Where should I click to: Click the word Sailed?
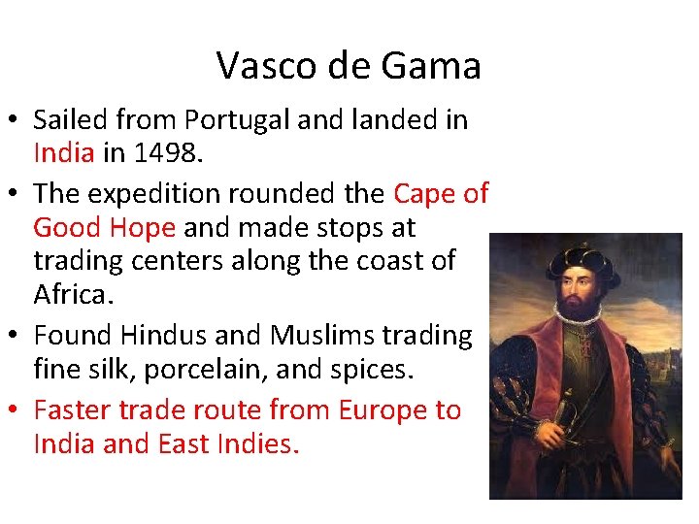point(73,120)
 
